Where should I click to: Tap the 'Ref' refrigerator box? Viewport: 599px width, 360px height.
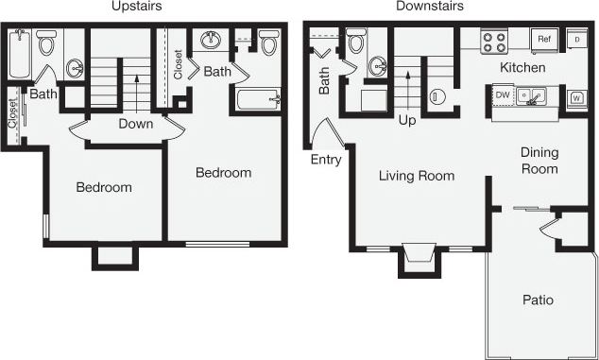coord(544,40)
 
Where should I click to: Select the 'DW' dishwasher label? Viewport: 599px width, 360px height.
coord(503,94)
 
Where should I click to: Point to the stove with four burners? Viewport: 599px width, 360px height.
coord(495,41)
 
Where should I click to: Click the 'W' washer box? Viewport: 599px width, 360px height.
coord(575,96)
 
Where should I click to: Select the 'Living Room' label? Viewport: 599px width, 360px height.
coord(417,176)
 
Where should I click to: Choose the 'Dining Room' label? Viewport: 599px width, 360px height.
coord(539,161)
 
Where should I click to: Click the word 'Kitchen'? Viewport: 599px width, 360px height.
coord(522,68)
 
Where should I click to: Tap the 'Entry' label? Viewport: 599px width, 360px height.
coord(326,160)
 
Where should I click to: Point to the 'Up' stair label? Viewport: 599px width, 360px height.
coord(407,121)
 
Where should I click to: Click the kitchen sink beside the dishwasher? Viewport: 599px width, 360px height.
coord(535,95)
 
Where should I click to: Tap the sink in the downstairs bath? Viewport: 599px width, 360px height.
coord(378,65)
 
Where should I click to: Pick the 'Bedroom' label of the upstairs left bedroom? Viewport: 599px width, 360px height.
coord(104,187)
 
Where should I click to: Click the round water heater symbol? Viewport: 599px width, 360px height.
coord(438,96)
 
